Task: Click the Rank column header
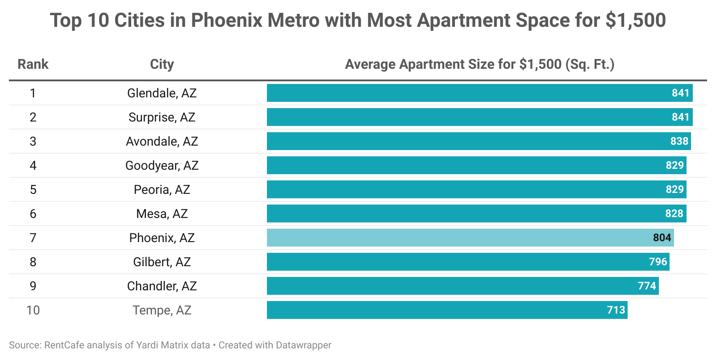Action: [x=33, y=64]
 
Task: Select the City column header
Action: [x=162, y=64]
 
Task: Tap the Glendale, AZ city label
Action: [x=162, y=93]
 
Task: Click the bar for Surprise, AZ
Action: [x=479, y=117]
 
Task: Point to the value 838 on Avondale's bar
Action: [x=679, y=141]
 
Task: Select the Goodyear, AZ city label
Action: [x=162, y=165]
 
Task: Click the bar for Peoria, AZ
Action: [x=476, y=189]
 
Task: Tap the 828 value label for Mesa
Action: [x=674, y=213]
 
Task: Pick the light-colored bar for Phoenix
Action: [x=470, y=238]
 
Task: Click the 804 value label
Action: [x=662, y=238]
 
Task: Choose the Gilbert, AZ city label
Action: [x=162, y=262]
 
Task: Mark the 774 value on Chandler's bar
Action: [x=647, y=286]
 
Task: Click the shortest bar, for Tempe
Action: [x=447, y=310]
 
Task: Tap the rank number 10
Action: [x=33, y=310]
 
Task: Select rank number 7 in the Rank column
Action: [x=33, y=238]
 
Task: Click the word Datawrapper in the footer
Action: [x=304, y=345]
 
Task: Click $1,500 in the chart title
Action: [x=636, y=21]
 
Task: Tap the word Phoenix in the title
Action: [x=226, y=21]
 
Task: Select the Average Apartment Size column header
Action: [x=479, y=64]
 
